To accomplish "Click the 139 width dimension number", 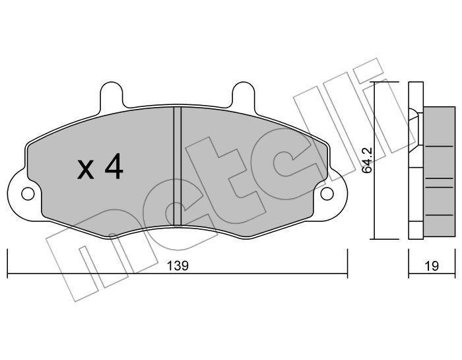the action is tap(178, 266).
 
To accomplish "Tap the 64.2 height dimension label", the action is tap(368, 161).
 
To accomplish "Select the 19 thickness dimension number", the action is tap(432, 266).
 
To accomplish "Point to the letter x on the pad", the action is tap(85, 170).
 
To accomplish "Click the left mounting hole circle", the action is tap(28, 194).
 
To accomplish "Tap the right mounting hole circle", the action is tap(327, 194).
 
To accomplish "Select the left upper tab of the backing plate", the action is tap(112, 94).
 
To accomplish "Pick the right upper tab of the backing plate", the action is tap(243, 94).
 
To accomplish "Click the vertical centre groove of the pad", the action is tap(178, 166).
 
